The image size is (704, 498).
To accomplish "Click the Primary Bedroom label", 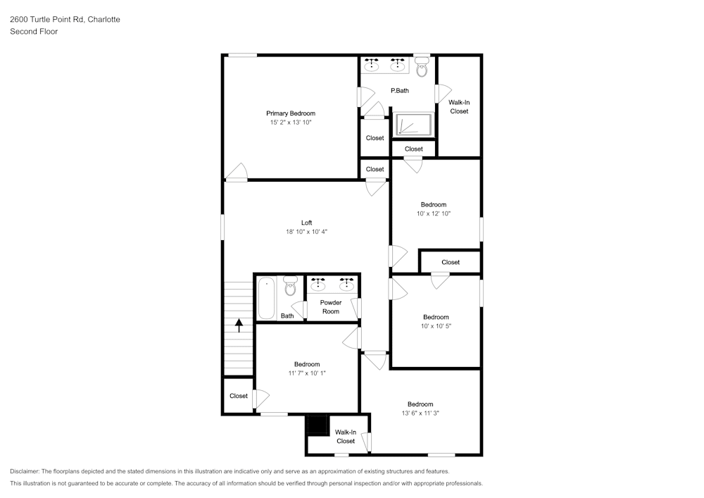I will tap(290, 113).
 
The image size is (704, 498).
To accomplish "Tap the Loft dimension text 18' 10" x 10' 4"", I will tap(306, 231).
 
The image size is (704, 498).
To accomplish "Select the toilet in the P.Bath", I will tap(422, 68).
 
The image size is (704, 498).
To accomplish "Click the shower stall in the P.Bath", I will tap(412, 125).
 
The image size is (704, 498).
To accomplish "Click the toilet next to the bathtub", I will tap(289, 286).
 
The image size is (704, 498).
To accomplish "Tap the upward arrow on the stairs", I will tap(239, 325).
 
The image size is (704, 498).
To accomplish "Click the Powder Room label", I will tap(331, 307).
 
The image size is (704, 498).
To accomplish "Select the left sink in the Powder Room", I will tap(318, 285).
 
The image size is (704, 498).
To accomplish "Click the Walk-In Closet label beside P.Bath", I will tap(459, 107).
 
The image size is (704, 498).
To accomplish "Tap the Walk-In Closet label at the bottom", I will tap(345, 437).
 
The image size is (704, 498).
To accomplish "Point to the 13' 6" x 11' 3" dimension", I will tap(420, 413).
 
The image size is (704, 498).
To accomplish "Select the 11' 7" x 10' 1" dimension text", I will tap(307, 373).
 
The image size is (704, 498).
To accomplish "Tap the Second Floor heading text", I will tap(34, 32).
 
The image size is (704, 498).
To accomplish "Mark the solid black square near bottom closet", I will tap(318, 425).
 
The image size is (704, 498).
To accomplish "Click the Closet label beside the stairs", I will tap(239, 396).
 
